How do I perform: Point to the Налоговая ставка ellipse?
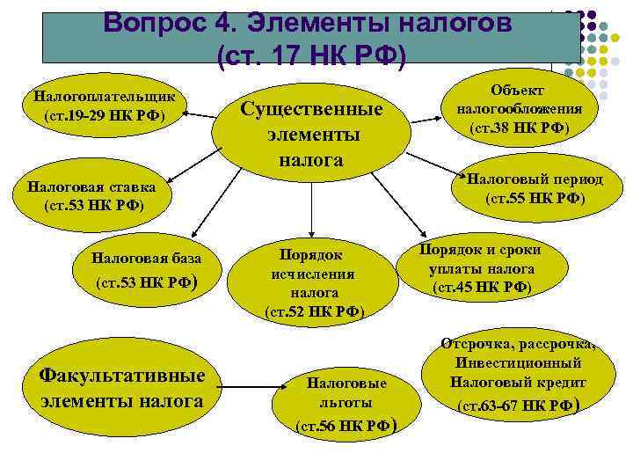coord(91,197)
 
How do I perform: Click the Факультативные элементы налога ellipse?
coord(122,388)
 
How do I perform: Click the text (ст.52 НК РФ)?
coord(314,311)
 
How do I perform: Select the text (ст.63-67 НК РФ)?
coord(520,406)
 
